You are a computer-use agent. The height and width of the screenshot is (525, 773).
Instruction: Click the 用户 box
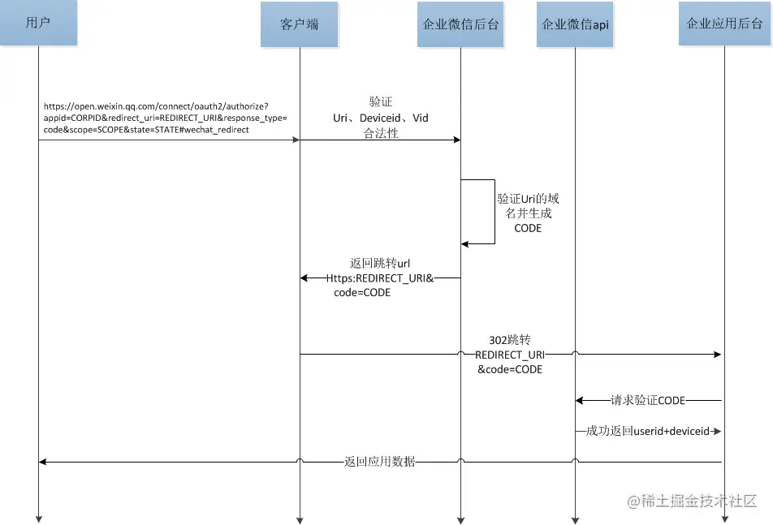click(38, 23)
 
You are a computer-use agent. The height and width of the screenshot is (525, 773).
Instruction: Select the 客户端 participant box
click(300, 24)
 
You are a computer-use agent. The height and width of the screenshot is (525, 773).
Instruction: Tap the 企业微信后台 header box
click(460, 24)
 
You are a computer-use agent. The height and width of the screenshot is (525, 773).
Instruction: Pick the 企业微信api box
click(576, 24)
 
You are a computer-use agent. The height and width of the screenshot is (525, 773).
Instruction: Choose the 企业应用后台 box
click(724, 24)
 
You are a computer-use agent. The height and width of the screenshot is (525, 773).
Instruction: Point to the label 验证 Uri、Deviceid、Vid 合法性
click(381, 118)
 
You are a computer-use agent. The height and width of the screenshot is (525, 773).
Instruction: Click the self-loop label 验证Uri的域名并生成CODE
click(528, 213)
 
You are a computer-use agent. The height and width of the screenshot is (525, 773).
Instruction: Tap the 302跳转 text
click(510, 340)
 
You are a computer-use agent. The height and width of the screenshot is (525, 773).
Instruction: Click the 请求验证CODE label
click(648, 400)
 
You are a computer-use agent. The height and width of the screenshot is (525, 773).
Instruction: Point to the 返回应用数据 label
click(379, 462)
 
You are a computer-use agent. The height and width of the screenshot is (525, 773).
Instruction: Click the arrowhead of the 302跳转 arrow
click(718, 355)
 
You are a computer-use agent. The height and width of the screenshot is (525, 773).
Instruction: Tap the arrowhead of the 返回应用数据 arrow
click(43, 462)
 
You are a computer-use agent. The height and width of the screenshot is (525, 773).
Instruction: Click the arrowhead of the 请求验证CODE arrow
click(580, 400)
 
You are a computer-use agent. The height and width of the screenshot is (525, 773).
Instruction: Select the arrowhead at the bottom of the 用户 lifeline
click(38, 519)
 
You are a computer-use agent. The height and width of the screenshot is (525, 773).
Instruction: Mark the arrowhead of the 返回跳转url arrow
click(304, 278)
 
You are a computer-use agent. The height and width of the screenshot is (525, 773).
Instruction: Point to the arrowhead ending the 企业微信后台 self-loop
click(465, 243)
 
